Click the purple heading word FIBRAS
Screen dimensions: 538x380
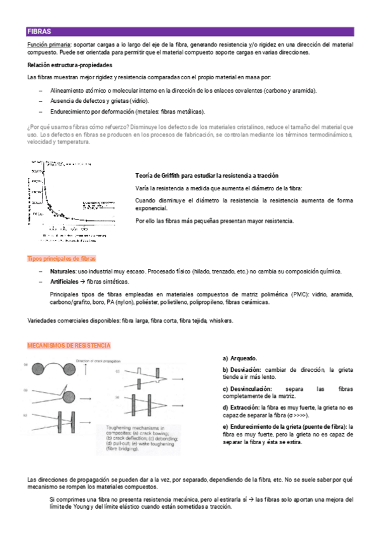pyautogui.click(x=39, y=31)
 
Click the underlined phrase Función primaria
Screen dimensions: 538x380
pyautogui.click(x=49, y=45)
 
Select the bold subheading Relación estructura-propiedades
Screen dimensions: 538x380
pyautogui.click(x=70, y=65)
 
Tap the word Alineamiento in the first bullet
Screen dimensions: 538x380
pyautogui.click(x=69, y=91)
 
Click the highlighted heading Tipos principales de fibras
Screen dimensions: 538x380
pyautogui.click(x=62, y=259)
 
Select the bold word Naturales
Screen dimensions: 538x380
pyautogui.click(x=63, y=271)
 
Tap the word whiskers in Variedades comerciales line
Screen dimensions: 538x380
pyautogui.click(x=221, y=320)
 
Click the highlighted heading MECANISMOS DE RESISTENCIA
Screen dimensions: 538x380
pyautogui.click(x=69, y=346)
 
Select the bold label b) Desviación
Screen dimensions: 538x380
pyautogui.click(x=242, y=369)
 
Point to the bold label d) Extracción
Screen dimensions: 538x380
pyautogui.click(x=241, y=407)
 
